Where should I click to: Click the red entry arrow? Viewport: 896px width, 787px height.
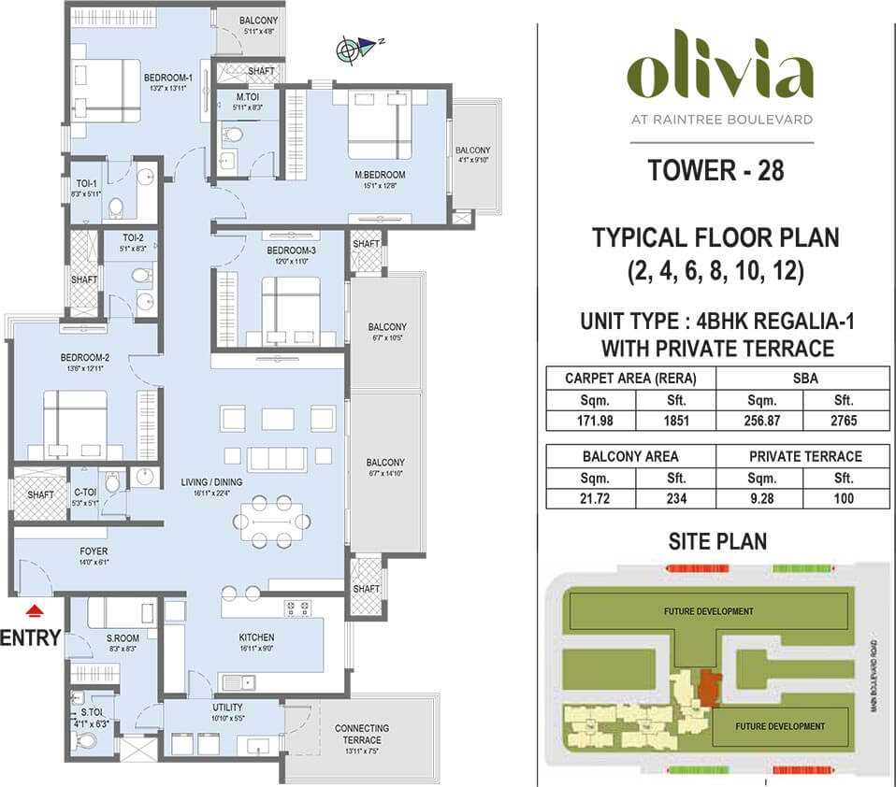point(36,612)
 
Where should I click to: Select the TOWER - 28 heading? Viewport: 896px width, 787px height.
point(717,170)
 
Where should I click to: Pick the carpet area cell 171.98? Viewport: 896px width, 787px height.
point(591,421)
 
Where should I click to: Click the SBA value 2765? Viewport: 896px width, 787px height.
point(845,421)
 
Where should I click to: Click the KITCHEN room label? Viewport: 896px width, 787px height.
point(255,637)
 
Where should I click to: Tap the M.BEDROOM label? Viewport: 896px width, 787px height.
point(379,175)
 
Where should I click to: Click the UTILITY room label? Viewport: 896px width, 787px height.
point(227,708)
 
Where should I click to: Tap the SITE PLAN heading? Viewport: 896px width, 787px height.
point(717,540)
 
